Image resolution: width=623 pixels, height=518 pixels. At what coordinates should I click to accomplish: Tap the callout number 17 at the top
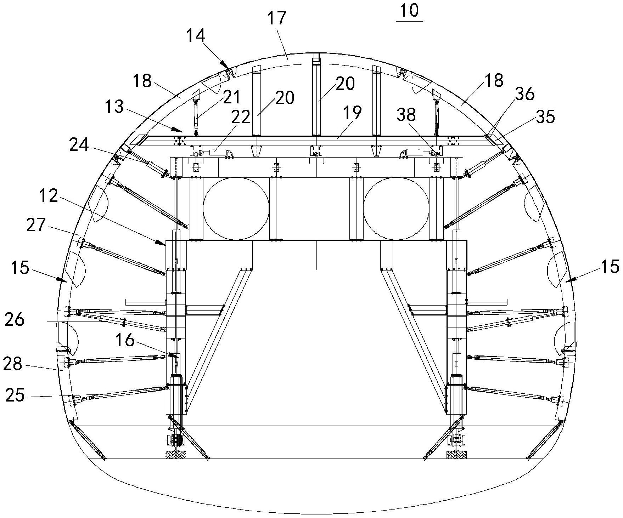point(276,18)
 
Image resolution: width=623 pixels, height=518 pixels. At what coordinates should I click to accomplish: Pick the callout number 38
point(406,115)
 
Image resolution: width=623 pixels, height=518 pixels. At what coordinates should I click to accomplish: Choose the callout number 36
point(524,94)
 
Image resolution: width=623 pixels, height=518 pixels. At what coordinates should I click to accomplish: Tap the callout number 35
point(545,116)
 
